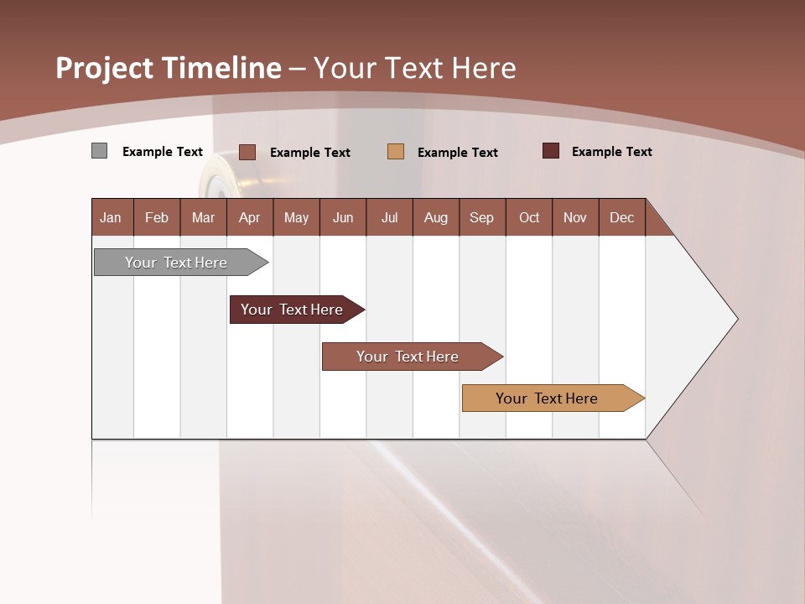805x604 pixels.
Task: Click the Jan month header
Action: pos(112,217)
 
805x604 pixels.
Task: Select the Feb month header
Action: pos(157,217)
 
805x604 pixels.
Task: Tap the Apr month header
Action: pos(250,217)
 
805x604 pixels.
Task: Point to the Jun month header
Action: pos(343,217)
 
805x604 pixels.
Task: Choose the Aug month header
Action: pos(436,217)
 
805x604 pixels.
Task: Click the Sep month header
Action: pos(482,217)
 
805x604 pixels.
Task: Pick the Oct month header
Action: pos(529,217)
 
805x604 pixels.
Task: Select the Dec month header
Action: pos(622,217)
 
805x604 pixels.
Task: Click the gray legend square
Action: pos(100,151)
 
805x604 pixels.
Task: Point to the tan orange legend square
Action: pos(396,151)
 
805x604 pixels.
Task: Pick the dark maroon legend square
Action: pos(551,151)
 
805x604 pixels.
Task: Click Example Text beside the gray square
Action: pos(163,152)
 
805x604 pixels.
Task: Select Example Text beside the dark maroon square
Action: pos(612,152)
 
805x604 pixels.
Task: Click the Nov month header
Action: pos(575,217)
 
